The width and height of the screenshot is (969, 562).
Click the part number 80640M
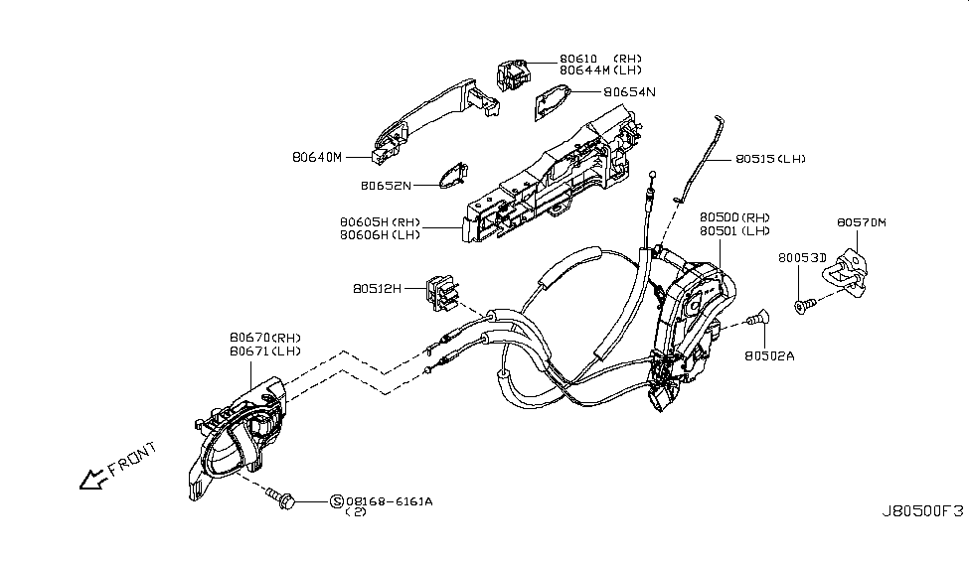(316, 157)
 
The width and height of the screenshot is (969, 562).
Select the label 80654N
(630, 92)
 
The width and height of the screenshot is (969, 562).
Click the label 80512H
(376, 290)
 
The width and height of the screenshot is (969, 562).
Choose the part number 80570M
(861, 223)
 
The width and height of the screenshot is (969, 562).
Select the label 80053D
(803, 257)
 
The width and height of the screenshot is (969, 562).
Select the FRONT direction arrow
(91, 482)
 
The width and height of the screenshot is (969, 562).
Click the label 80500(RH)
(734, 217)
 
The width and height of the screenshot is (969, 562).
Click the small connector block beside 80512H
(441, 289)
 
